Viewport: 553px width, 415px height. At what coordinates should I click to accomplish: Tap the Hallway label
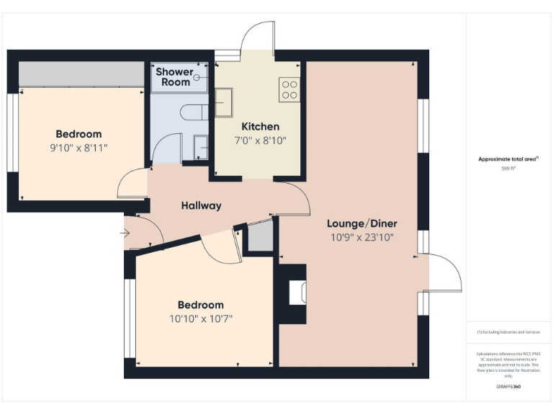(201, 205)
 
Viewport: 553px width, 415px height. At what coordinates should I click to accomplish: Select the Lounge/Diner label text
(361, 223)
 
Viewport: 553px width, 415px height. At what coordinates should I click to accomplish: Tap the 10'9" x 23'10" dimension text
(361, 236)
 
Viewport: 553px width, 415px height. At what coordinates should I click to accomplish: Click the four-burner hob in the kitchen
(289, 89)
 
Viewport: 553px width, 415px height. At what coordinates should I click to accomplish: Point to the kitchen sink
(222, 102)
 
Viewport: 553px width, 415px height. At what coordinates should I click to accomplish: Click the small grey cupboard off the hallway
(261, 237)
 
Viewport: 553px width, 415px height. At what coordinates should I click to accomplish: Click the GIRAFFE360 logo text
(508, 387)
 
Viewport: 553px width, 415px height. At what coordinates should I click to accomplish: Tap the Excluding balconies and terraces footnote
(508, 332)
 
